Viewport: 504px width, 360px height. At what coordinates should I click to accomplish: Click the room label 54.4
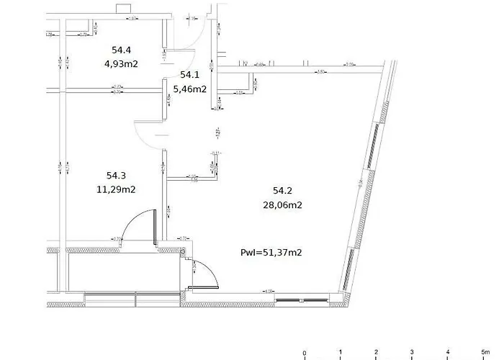(121, 50)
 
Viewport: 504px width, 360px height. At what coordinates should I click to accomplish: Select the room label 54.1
(189, 75)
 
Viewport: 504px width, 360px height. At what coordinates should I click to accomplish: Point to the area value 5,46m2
(192, 90)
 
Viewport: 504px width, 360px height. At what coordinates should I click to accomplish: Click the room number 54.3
(116, 176)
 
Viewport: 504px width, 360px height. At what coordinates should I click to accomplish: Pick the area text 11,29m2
(116, 190)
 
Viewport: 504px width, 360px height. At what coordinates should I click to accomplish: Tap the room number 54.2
(282, 191)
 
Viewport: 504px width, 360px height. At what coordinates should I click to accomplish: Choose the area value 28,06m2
(282, 205)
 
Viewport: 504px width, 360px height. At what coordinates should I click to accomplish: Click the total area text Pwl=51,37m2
(271, 252)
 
